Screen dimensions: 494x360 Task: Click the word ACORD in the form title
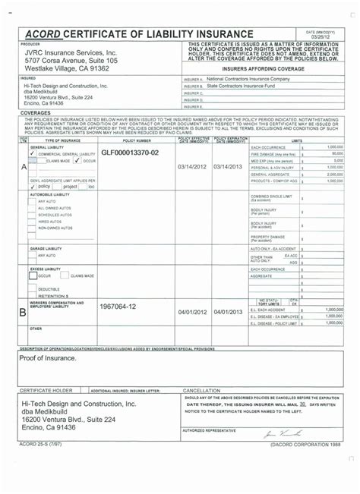pos(46,34)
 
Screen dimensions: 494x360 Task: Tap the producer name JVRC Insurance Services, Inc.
pos(69,52)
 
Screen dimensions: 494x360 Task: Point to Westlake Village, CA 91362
pos(67,68)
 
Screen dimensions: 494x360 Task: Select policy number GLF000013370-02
pos(130,153)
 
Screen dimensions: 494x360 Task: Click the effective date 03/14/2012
pos(192,166)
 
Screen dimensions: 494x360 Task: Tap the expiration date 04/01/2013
pos(229,312)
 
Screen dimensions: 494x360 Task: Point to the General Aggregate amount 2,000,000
pos(335,174)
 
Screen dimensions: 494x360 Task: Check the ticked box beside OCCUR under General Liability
pos(77,161)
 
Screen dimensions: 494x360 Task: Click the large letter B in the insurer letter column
pos(23,311)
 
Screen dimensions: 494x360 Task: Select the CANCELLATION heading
pos(201,391)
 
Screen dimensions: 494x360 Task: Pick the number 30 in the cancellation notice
pos(302,404)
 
